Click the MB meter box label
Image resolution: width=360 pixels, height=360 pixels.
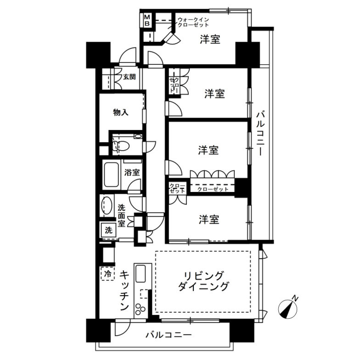147,20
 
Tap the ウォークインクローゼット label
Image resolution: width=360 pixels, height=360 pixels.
193,22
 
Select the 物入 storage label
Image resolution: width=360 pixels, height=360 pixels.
120,112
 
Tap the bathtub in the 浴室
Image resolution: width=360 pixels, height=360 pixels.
111,174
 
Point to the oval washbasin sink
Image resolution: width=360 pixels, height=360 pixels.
108,205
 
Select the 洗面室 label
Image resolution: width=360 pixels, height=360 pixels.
122,215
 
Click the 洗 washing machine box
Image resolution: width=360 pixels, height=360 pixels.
108,231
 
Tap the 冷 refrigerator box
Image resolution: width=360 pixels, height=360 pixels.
107,274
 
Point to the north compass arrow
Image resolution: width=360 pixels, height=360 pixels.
289,309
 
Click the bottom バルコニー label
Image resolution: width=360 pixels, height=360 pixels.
169,335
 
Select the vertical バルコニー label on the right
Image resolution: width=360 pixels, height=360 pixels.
260,134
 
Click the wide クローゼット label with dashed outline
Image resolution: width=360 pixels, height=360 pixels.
212,188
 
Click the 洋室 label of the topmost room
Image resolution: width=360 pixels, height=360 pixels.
210,40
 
